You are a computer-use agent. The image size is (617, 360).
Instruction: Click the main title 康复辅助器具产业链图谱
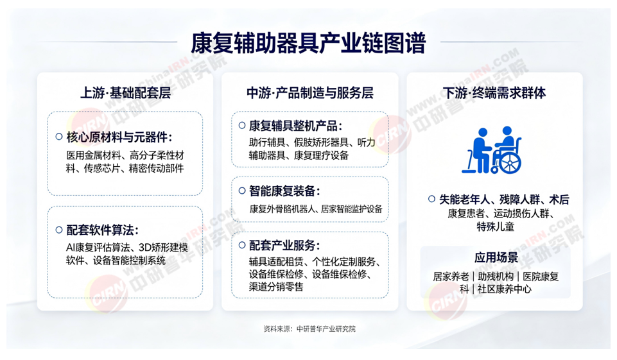tap(308, 43)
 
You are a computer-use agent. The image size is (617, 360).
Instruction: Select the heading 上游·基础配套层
tap(126, 93)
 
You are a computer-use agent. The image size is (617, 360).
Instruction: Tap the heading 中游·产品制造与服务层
tap(309, 93)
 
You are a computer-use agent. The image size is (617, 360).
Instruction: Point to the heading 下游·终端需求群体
tap(494, 93)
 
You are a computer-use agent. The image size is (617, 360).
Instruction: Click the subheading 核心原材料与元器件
tap(119, 137)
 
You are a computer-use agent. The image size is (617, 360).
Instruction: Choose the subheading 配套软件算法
tap(102, 230)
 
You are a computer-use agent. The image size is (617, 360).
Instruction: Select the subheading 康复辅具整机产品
tap(295, 126)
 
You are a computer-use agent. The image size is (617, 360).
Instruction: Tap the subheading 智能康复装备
tap(284, 191)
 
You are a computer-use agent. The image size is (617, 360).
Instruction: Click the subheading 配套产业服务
tap(284, 246)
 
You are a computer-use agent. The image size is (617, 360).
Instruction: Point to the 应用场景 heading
tap(496, 258)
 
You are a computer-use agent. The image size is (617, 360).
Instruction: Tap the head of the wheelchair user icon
tap(507, 131)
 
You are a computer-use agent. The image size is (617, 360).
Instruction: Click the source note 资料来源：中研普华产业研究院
tap(309, 329)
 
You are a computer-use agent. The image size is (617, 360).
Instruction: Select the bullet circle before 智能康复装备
tap(243, 191)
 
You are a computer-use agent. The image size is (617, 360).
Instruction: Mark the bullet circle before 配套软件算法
tap(59, 230)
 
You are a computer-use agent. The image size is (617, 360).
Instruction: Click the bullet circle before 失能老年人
tap(431, 199)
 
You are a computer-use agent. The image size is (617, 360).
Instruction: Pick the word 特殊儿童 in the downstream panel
tap(496, 227)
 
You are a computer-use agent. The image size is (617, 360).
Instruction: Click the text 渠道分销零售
tap(276, 287)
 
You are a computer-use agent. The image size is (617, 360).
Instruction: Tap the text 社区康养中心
tap(505, 289)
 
